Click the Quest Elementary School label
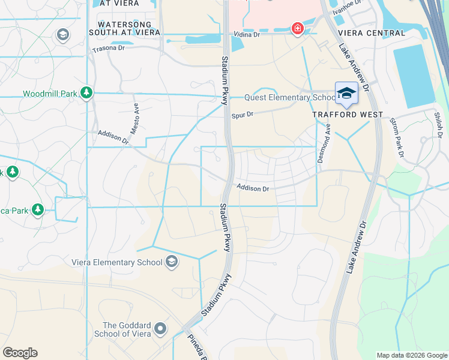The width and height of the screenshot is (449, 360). [x=289, y=98]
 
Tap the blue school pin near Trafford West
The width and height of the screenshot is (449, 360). [x=346, y=93]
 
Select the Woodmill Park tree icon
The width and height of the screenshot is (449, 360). [x=87, y=92]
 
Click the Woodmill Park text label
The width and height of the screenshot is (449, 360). [x=50, y=94]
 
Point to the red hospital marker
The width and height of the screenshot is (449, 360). [x=297, y=28]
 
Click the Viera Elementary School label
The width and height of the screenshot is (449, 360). [x=116, y=262]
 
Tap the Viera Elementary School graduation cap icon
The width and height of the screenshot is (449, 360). [x=172, y=261]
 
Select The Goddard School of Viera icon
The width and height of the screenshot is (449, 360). [x=160, y=329]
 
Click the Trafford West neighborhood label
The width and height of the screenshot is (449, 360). [x=348, y=114]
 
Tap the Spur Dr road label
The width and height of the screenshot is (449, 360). [x=243, y=113]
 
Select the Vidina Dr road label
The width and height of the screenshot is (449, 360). [x=247, y=35]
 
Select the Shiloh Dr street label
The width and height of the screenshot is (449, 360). [x=439, y=121]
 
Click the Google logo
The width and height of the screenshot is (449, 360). [x=20, y=353]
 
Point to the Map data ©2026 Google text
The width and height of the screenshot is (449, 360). [x=411, y=355]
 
